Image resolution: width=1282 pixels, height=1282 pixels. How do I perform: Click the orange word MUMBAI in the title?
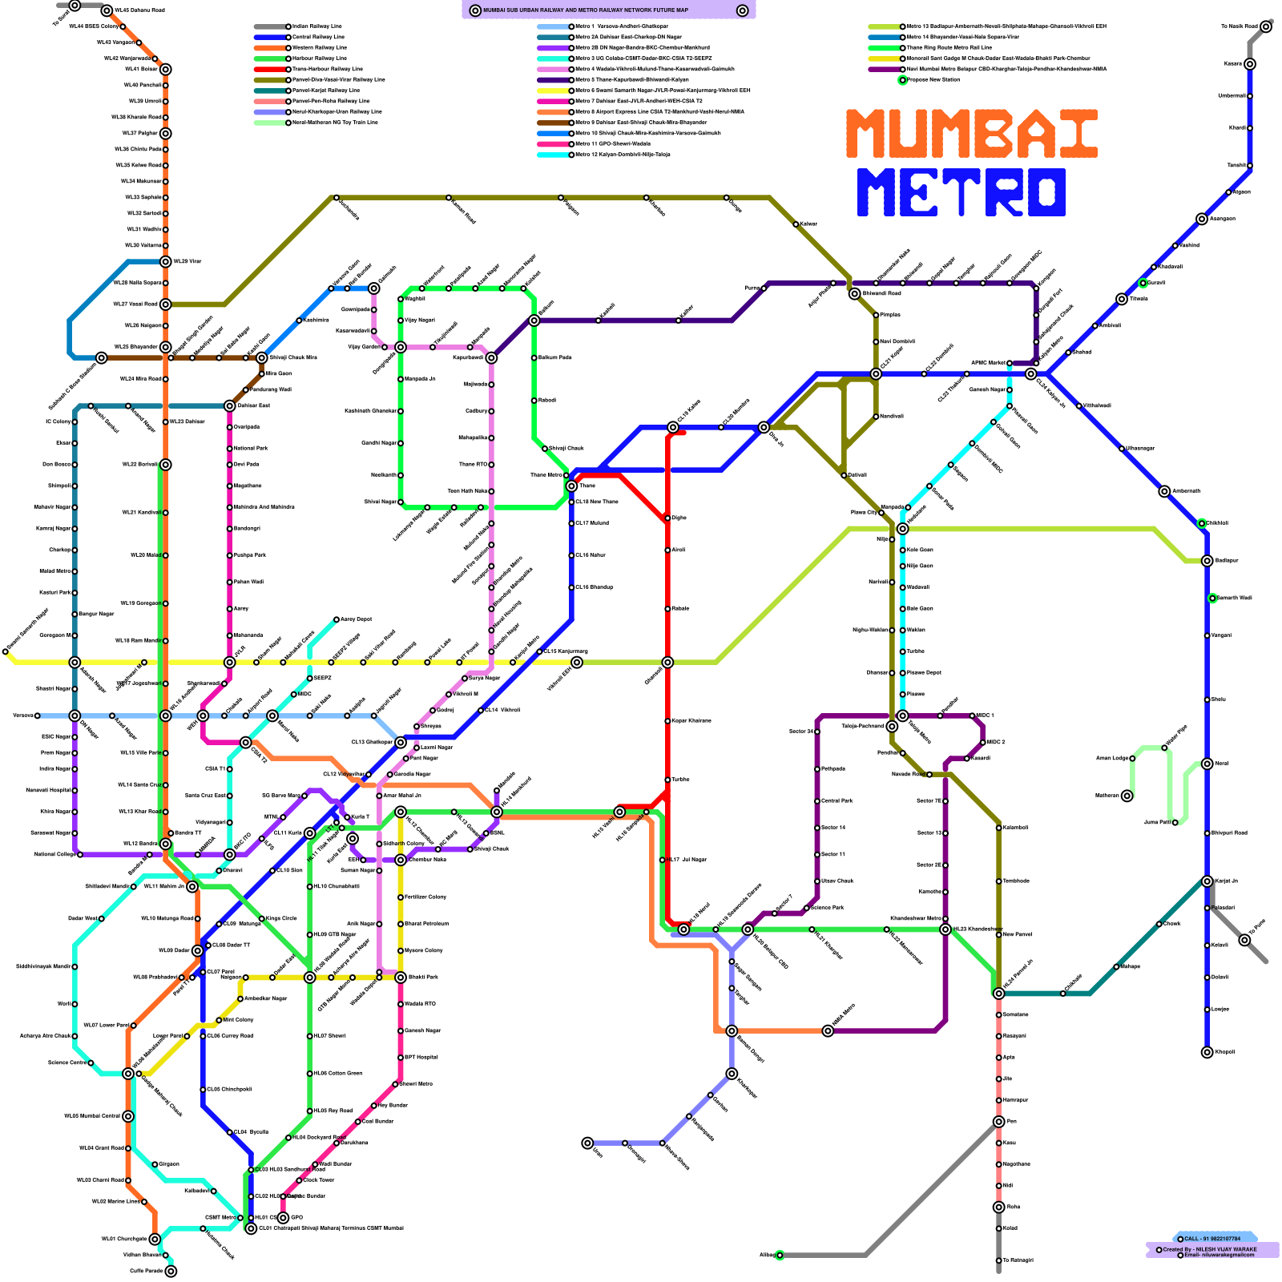(971, 134)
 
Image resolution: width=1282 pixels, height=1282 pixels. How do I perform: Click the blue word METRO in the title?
(961, 192)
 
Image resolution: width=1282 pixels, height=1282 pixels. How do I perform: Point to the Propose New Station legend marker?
(902, 80)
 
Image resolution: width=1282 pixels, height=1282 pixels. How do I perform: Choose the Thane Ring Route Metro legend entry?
(949, 48)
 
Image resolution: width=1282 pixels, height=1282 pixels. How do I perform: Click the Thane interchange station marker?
(571, 486)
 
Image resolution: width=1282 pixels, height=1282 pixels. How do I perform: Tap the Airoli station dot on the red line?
(667, 550)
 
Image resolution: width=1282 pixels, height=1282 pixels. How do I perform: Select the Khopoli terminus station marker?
(1207, 1052)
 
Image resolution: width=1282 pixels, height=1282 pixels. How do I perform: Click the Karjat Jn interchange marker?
(1207, 881)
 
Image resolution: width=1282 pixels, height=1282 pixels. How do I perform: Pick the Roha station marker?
(998, 1207)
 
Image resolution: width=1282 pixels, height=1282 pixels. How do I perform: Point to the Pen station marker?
(998, 1122)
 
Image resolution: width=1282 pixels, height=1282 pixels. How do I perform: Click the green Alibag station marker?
(780, 1255)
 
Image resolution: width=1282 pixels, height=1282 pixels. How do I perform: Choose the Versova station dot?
(37, 716)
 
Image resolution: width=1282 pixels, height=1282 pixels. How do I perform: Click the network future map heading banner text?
(609, 10)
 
